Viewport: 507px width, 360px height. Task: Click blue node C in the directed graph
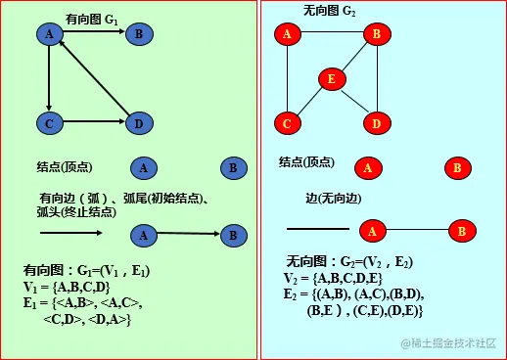tap(47, 123)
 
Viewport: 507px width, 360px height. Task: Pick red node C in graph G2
tap(287, 123)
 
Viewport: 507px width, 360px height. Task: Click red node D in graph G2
tap(377, 123)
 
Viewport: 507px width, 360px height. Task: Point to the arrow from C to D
tap(93, 123)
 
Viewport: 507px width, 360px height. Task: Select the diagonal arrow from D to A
tap(96, 81)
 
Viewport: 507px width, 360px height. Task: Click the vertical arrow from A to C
tap(47, 78)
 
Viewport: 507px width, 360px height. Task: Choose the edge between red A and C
tap(287, 78)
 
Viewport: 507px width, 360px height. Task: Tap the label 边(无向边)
tap(333, 198)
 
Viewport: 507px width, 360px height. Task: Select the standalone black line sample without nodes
tap(317, 229)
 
